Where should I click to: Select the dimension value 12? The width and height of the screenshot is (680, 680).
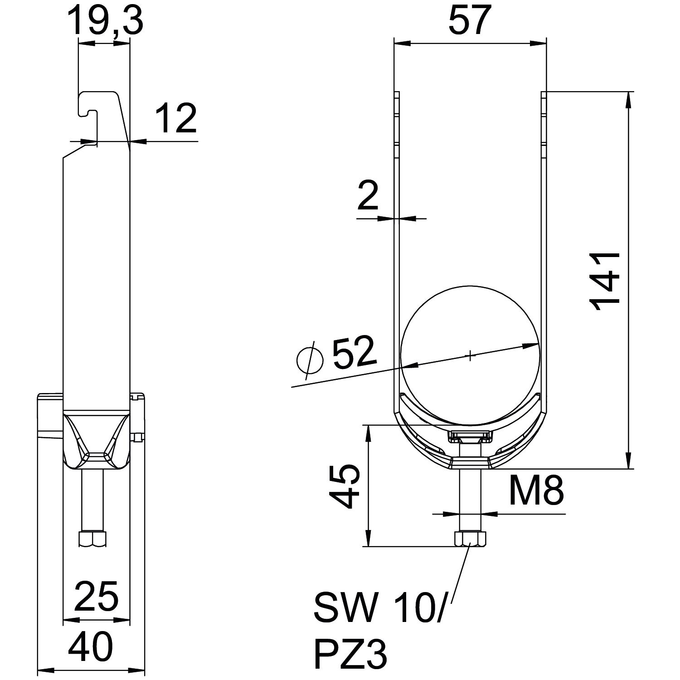[175, 118]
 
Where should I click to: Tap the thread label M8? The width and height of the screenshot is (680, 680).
[536, 490]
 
